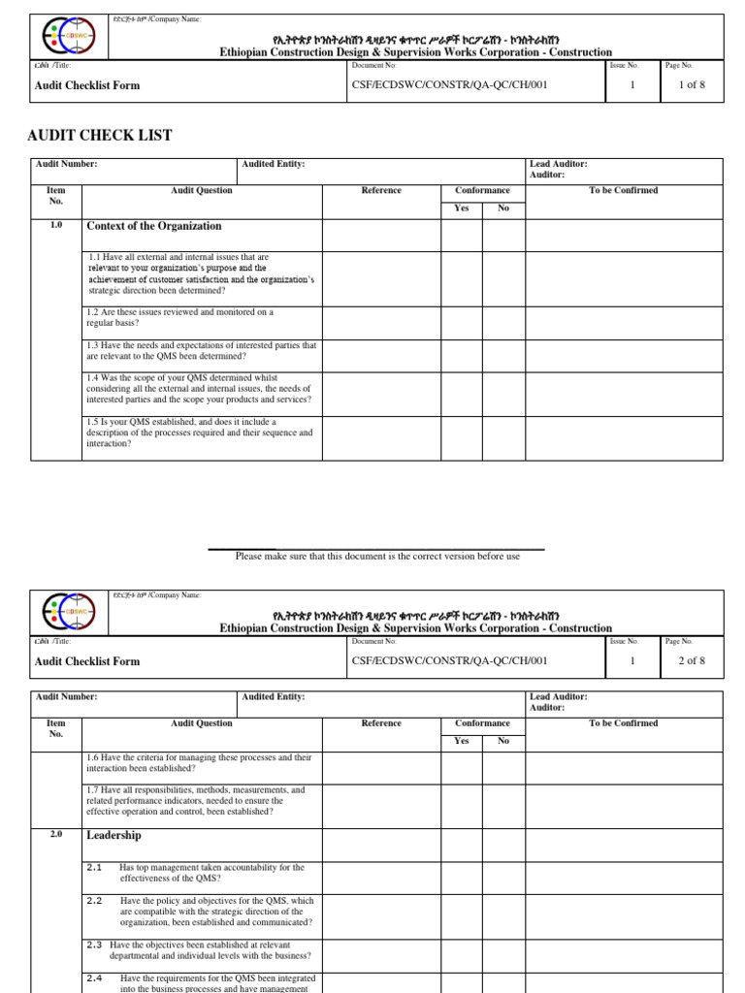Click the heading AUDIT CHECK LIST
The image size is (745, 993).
pos(100,135)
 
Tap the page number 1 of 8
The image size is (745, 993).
pos(690,85)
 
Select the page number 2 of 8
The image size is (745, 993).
pos(690,661)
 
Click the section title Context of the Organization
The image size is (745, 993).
pos(154,226)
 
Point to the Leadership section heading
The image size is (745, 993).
pos(113,835)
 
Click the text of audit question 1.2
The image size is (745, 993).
pos(180,318)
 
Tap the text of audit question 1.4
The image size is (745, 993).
pos(199,388)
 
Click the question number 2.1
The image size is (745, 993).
pos(94,867)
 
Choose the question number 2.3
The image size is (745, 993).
pos(94,945)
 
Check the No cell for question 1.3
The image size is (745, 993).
pos(503,351)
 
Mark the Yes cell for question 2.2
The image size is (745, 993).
pos(461,912)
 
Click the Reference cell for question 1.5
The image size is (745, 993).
pos(380,432)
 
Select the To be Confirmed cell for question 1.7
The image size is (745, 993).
pos(624,801)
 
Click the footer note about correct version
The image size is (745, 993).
pos(377,557)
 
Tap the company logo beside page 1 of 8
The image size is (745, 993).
pos(68,37)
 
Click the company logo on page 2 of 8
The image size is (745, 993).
pos(68,612)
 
